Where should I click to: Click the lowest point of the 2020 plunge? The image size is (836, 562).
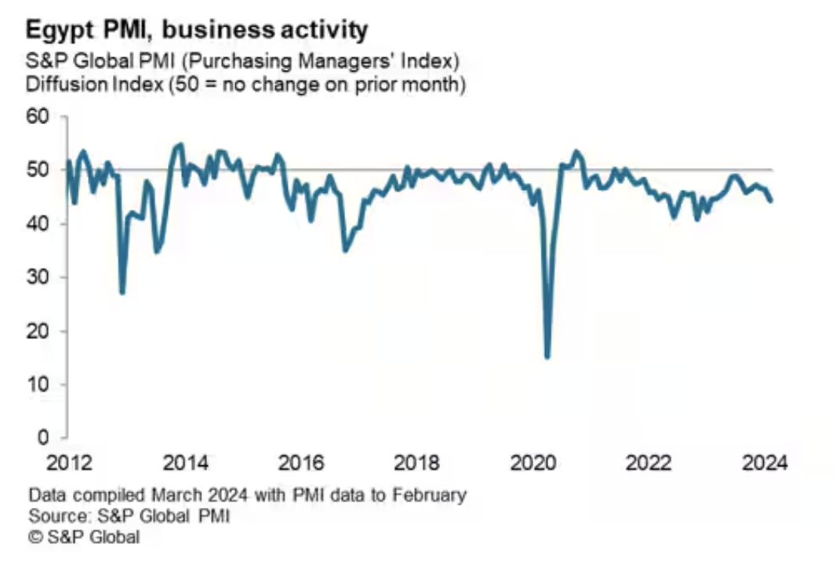[x=547, y=357]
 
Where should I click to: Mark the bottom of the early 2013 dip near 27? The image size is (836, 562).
[x=122, y=293]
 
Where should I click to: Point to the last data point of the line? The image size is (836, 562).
[x=771, y=201]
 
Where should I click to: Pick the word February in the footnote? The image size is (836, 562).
[x=429, y=495]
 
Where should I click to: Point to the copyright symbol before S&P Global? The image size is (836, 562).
[x=35, y=538]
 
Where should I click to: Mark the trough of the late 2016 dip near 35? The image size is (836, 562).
[x=345, y=250]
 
